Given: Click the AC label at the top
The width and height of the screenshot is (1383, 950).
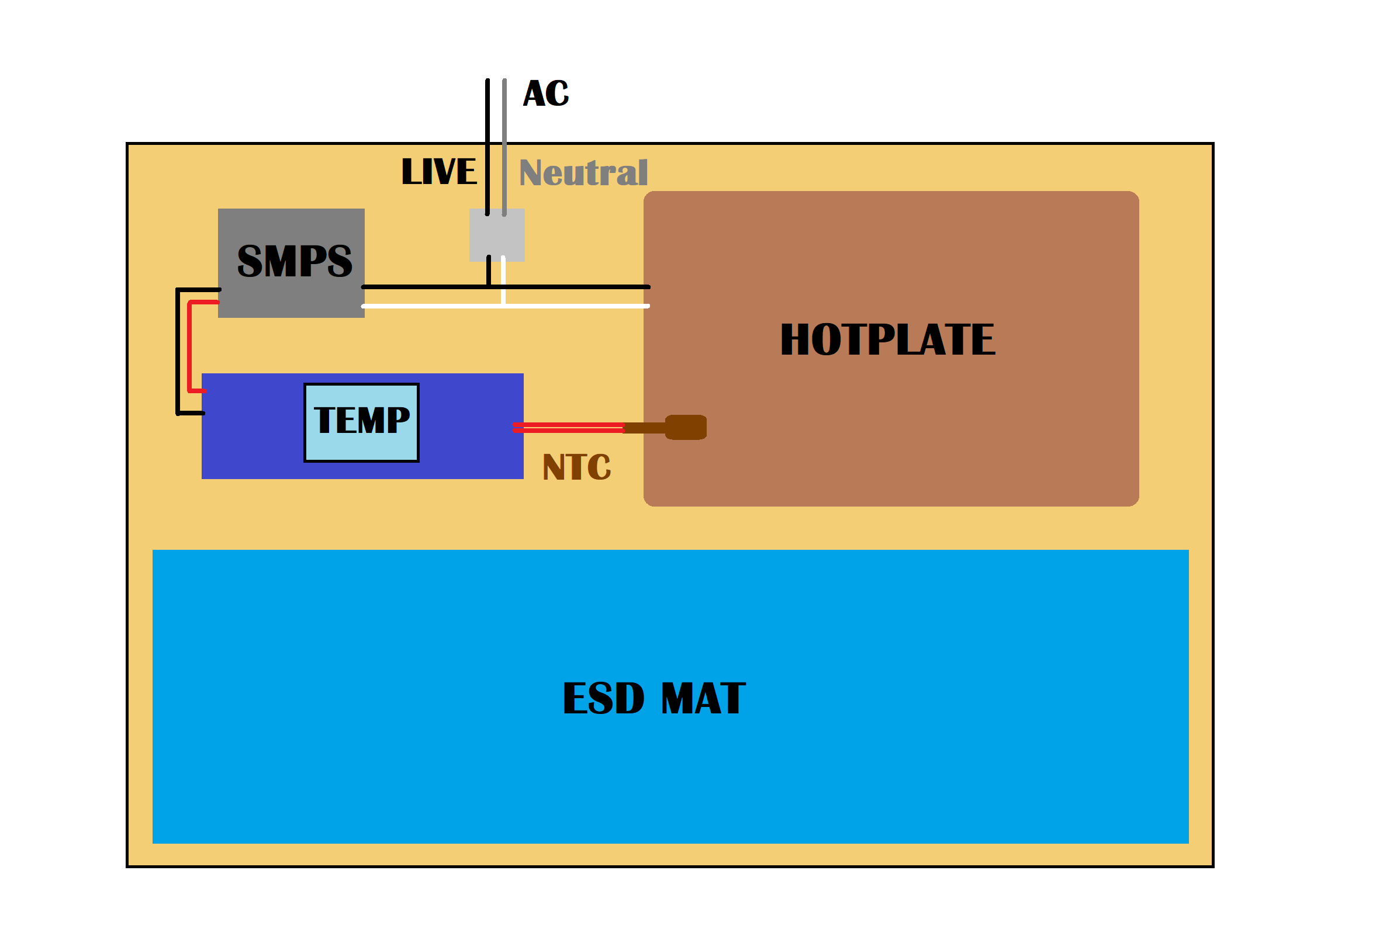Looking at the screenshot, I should [x=545, y=93].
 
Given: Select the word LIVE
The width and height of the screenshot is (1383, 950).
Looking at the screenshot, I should [x=439, y=171].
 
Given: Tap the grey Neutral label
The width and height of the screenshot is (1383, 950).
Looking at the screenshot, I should [x=583, y=172].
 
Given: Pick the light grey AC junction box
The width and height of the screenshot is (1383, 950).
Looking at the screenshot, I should [x=497, y=235].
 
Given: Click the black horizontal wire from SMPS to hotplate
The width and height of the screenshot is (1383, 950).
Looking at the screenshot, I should [x=572, y=287].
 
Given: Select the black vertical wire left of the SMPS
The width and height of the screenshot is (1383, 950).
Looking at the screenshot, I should [x=178, y=351].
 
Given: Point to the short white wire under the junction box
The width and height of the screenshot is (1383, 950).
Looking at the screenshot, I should [x=504, y=280].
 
